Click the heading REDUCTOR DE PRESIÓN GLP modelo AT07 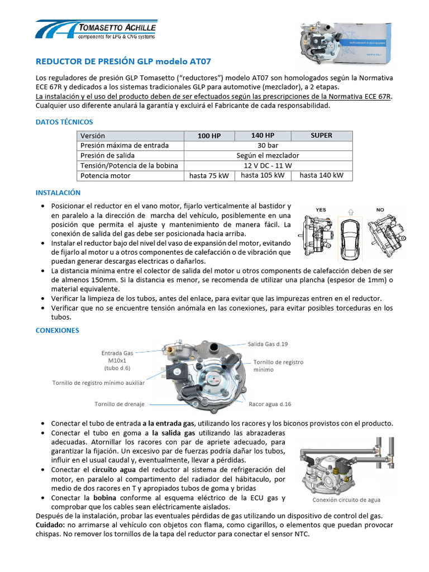123,61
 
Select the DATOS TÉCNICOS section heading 64,122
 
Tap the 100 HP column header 209,136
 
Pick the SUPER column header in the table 321,136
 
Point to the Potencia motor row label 106,176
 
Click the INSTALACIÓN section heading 58,193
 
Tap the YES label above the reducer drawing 321,210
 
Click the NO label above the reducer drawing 380,210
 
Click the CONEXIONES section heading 58,331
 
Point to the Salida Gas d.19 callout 268,344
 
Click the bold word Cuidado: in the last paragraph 50,526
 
